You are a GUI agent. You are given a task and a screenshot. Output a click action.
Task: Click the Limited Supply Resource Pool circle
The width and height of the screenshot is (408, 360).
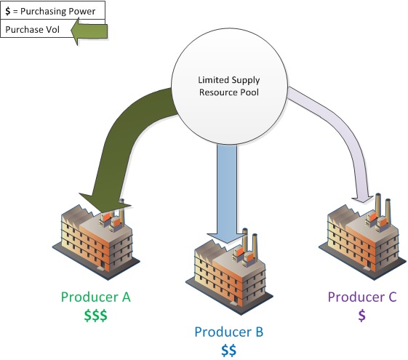(x=229, y=86)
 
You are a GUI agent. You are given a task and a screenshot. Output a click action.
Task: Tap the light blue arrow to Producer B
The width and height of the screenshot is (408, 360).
(x=227, y=193)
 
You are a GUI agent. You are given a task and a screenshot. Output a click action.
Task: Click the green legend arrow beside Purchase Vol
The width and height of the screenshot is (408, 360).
(x=89, y=31)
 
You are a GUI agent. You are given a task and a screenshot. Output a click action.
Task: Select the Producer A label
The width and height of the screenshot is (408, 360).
(x=95, y=297)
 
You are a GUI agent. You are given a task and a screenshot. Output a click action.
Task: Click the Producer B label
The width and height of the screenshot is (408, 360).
(x=229, y=332)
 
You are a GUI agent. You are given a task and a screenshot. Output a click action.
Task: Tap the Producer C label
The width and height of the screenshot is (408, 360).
(x=362, y=297)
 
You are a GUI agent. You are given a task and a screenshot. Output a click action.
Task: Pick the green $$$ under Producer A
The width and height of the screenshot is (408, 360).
(x=95, y=316)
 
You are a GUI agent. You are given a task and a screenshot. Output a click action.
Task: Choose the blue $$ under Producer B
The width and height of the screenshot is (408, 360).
(x=229, y=350)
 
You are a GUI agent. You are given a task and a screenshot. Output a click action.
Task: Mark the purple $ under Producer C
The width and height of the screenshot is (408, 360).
(x=362, y=316)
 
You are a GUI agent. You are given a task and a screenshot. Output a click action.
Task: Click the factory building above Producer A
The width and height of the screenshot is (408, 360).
(x=96, y=239)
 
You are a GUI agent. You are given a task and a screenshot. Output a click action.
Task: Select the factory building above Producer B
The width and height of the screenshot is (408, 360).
(x=229, y=272)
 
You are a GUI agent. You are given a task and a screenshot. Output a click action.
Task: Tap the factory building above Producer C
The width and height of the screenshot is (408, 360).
(x=362, y=236)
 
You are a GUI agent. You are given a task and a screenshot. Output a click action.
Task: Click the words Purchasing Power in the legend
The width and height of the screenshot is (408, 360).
(x=57, y=12)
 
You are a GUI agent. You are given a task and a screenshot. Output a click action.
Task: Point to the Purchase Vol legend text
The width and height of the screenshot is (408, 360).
(x=33, y=29)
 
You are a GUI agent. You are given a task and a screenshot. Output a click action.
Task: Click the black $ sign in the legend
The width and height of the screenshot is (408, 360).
(x=8, y=11)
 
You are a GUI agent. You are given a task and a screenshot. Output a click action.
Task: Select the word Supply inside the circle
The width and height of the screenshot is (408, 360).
(x=246, y=80)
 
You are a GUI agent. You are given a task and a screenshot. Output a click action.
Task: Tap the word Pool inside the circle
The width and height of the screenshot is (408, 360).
(x=249, y=92)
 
